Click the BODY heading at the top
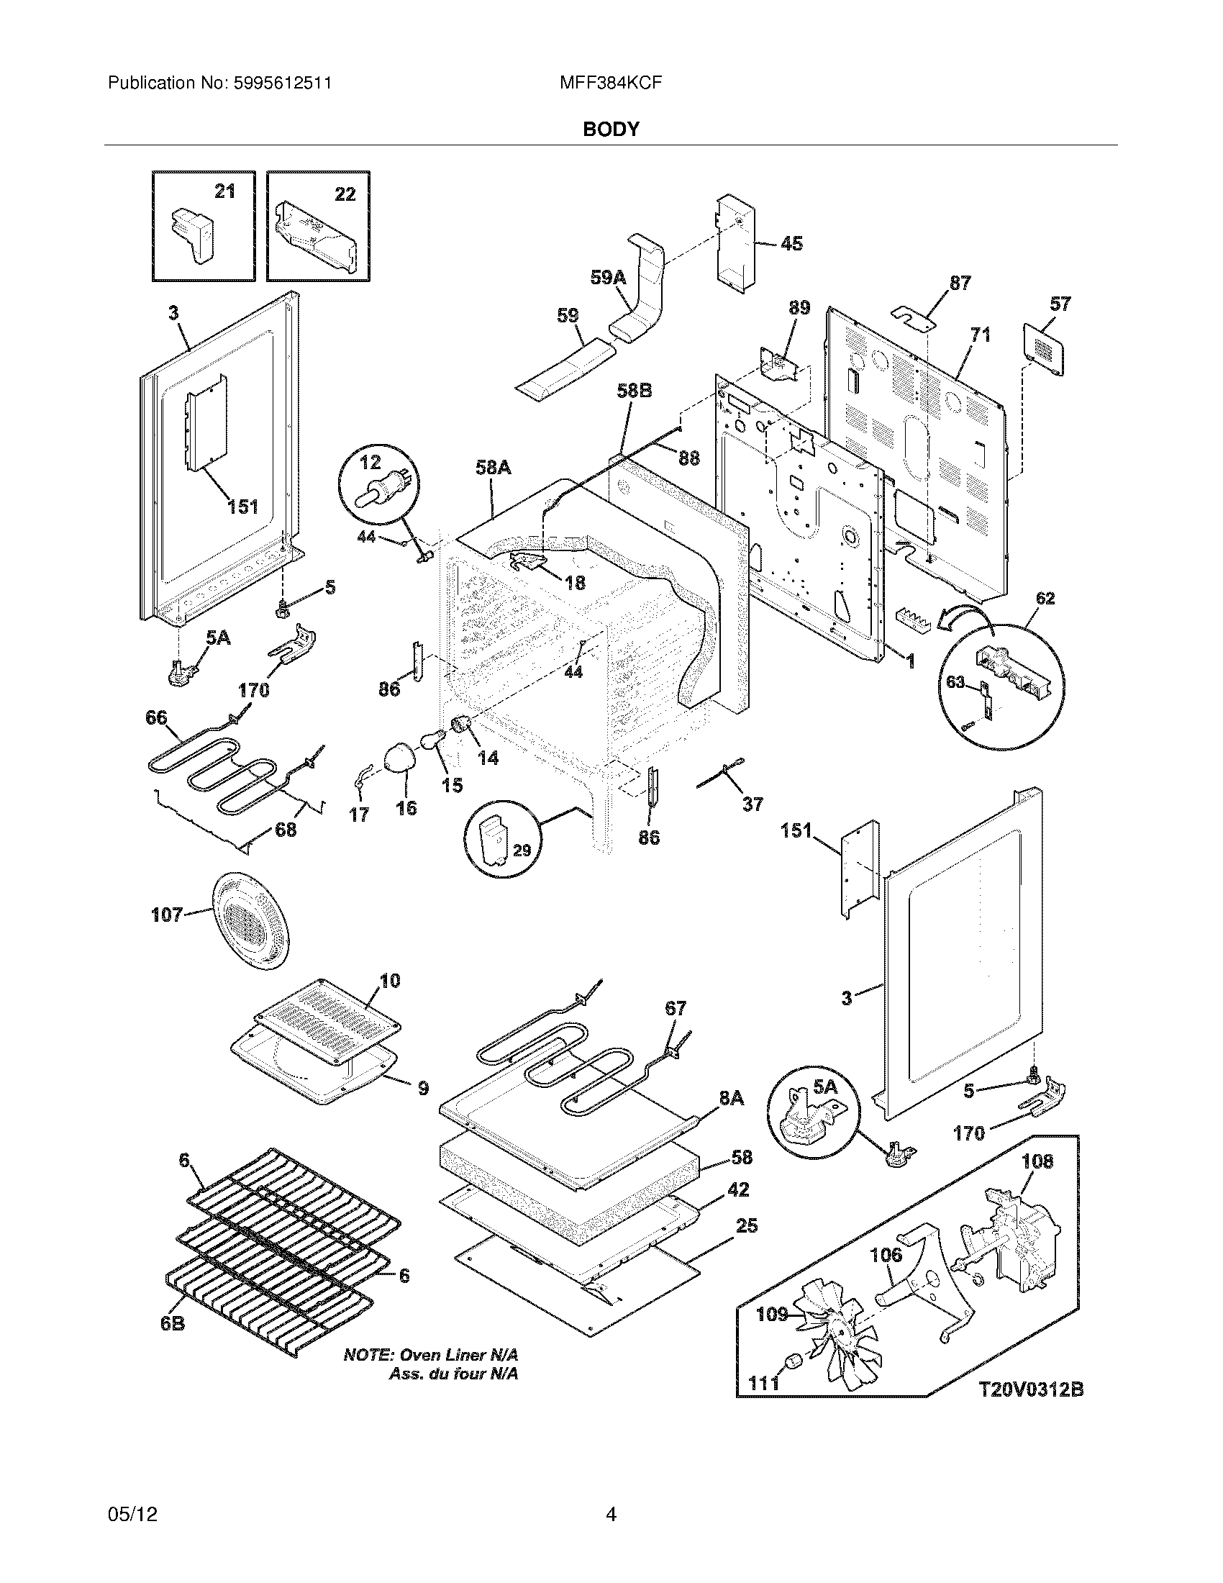tap(611, 129)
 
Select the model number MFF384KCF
tap(611, 83)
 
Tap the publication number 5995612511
tap(283, 83)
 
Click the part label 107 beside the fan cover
tap(166, 915)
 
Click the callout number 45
tap(791, 243)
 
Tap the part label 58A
tap(494, 468)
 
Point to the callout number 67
tap(675, 1008)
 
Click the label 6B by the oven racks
tap(173, 1323)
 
